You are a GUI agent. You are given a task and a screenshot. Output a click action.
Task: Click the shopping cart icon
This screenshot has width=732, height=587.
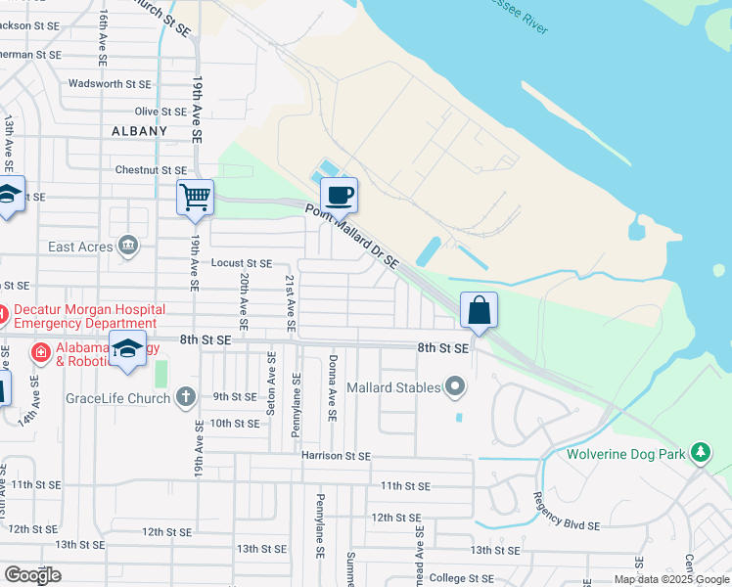click(195, 198)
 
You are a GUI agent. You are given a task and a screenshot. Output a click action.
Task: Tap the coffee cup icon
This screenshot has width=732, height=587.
click(339, 196)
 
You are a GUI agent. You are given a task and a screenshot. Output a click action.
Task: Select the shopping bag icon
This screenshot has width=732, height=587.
click(479, 311)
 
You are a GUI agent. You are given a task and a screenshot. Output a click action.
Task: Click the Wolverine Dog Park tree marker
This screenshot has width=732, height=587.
click(699, 452)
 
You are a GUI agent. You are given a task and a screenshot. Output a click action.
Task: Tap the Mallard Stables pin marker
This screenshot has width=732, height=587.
click(454, 386)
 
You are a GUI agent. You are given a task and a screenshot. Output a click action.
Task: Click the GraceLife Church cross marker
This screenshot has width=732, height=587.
click(186, 396)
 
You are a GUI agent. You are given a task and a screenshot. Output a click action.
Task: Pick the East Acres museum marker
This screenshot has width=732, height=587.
click(127, 246)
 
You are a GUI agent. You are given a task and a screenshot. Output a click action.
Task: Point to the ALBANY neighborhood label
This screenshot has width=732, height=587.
click(140, 130)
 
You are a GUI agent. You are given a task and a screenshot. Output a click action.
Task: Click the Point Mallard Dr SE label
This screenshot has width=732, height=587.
click(352, 236)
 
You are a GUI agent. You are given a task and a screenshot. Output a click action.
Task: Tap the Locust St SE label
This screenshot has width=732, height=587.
click(241, 263)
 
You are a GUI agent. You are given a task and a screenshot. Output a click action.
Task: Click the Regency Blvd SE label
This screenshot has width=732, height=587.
click(567, 518)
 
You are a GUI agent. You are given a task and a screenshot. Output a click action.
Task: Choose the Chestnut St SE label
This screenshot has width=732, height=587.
click(151, 170)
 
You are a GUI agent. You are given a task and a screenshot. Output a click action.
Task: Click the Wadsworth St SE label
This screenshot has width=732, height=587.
click(110, 85)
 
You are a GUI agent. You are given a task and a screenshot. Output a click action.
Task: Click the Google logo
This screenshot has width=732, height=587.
click(32, 575)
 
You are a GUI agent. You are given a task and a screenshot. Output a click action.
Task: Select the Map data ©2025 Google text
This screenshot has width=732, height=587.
click(670, 579)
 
